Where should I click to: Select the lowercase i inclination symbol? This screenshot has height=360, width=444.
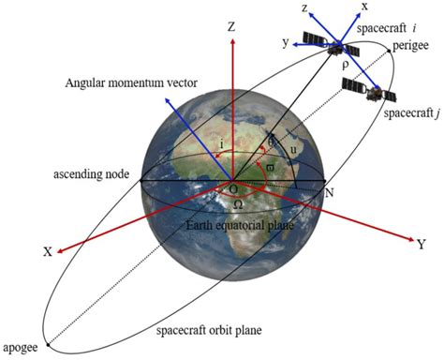tap(219, 145)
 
